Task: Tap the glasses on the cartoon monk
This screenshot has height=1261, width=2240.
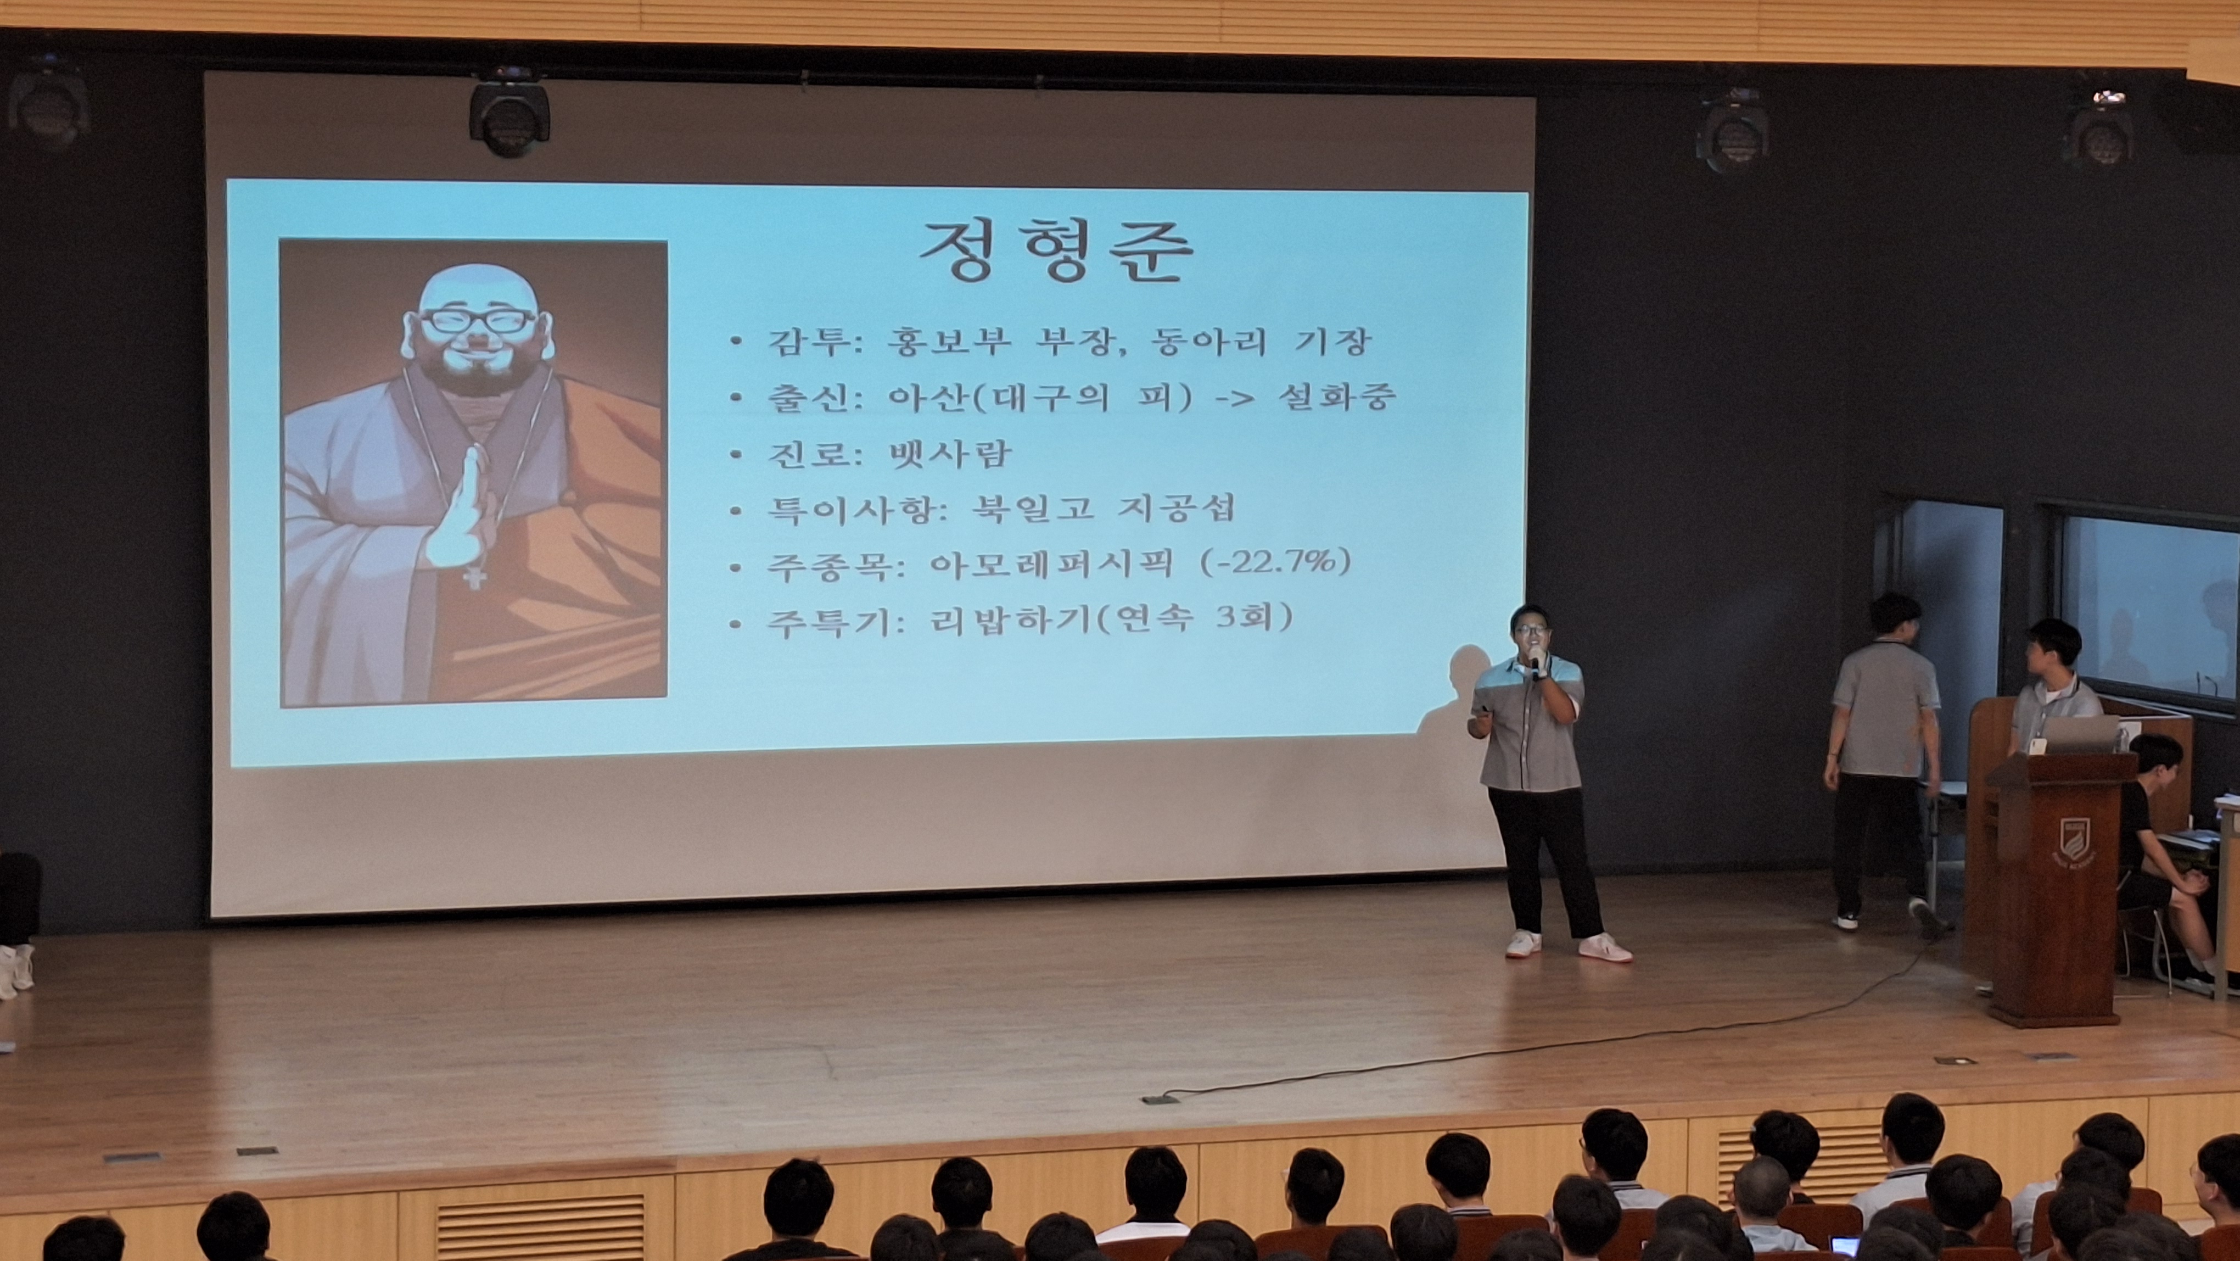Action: pyautogui.click(x=478, y=321)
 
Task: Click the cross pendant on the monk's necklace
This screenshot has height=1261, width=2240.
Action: pyautogui.click(x=473, y=577)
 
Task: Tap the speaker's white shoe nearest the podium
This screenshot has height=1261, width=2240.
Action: pyautogui.click(x=1604, y=948)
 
